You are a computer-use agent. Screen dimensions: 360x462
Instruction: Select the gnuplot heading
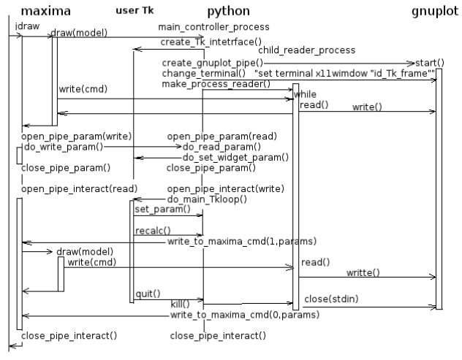click(436, 12)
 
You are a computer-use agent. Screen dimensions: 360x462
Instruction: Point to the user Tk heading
click(135, 12)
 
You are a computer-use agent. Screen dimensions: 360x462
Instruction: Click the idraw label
click(22, 26)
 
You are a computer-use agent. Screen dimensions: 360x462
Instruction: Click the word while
click(306, 95)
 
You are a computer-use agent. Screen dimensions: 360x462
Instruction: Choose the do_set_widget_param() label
click(235, 156)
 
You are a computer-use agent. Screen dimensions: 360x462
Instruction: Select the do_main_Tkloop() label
click(207, 199)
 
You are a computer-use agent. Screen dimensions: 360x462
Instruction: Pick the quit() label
click(148, 294)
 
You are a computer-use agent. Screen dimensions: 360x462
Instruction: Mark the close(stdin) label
click(332, 299)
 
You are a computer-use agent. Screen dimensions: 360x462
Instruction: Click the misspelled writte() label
click(363, 272)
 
